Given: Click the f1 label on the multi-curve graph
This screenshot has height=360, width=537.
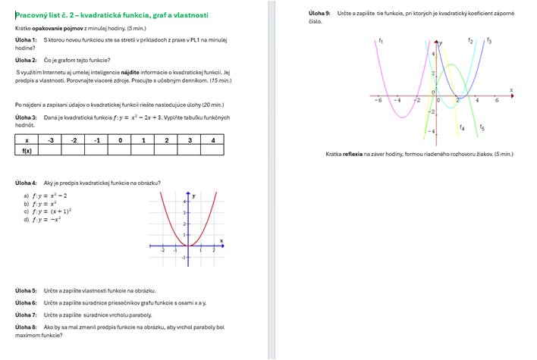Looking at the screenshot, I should (380, 39).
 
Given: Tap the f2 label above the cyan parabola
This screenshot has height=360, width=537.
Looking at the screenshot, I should (471, 39).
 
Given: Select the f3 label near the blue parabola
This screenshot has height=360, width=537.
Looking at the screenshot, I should (488, 39).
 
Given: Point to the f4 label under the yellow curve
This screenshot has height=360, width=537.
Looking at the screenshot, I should (462, 127).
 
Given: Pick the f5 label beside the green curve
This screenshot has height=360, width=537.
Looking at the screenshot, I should (482, 127).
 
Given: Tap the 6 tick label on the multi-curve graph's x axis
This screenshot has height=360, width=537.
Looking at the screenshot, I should (497, 99).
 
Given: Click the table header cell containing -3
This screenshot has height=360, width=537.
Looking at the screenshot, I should (51, 140).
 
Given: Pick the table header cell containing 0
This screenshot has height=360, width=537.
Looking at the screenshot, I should (120, 140).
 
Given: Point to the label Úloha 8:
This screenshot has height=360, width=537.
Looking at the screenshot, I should (26, 327).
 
